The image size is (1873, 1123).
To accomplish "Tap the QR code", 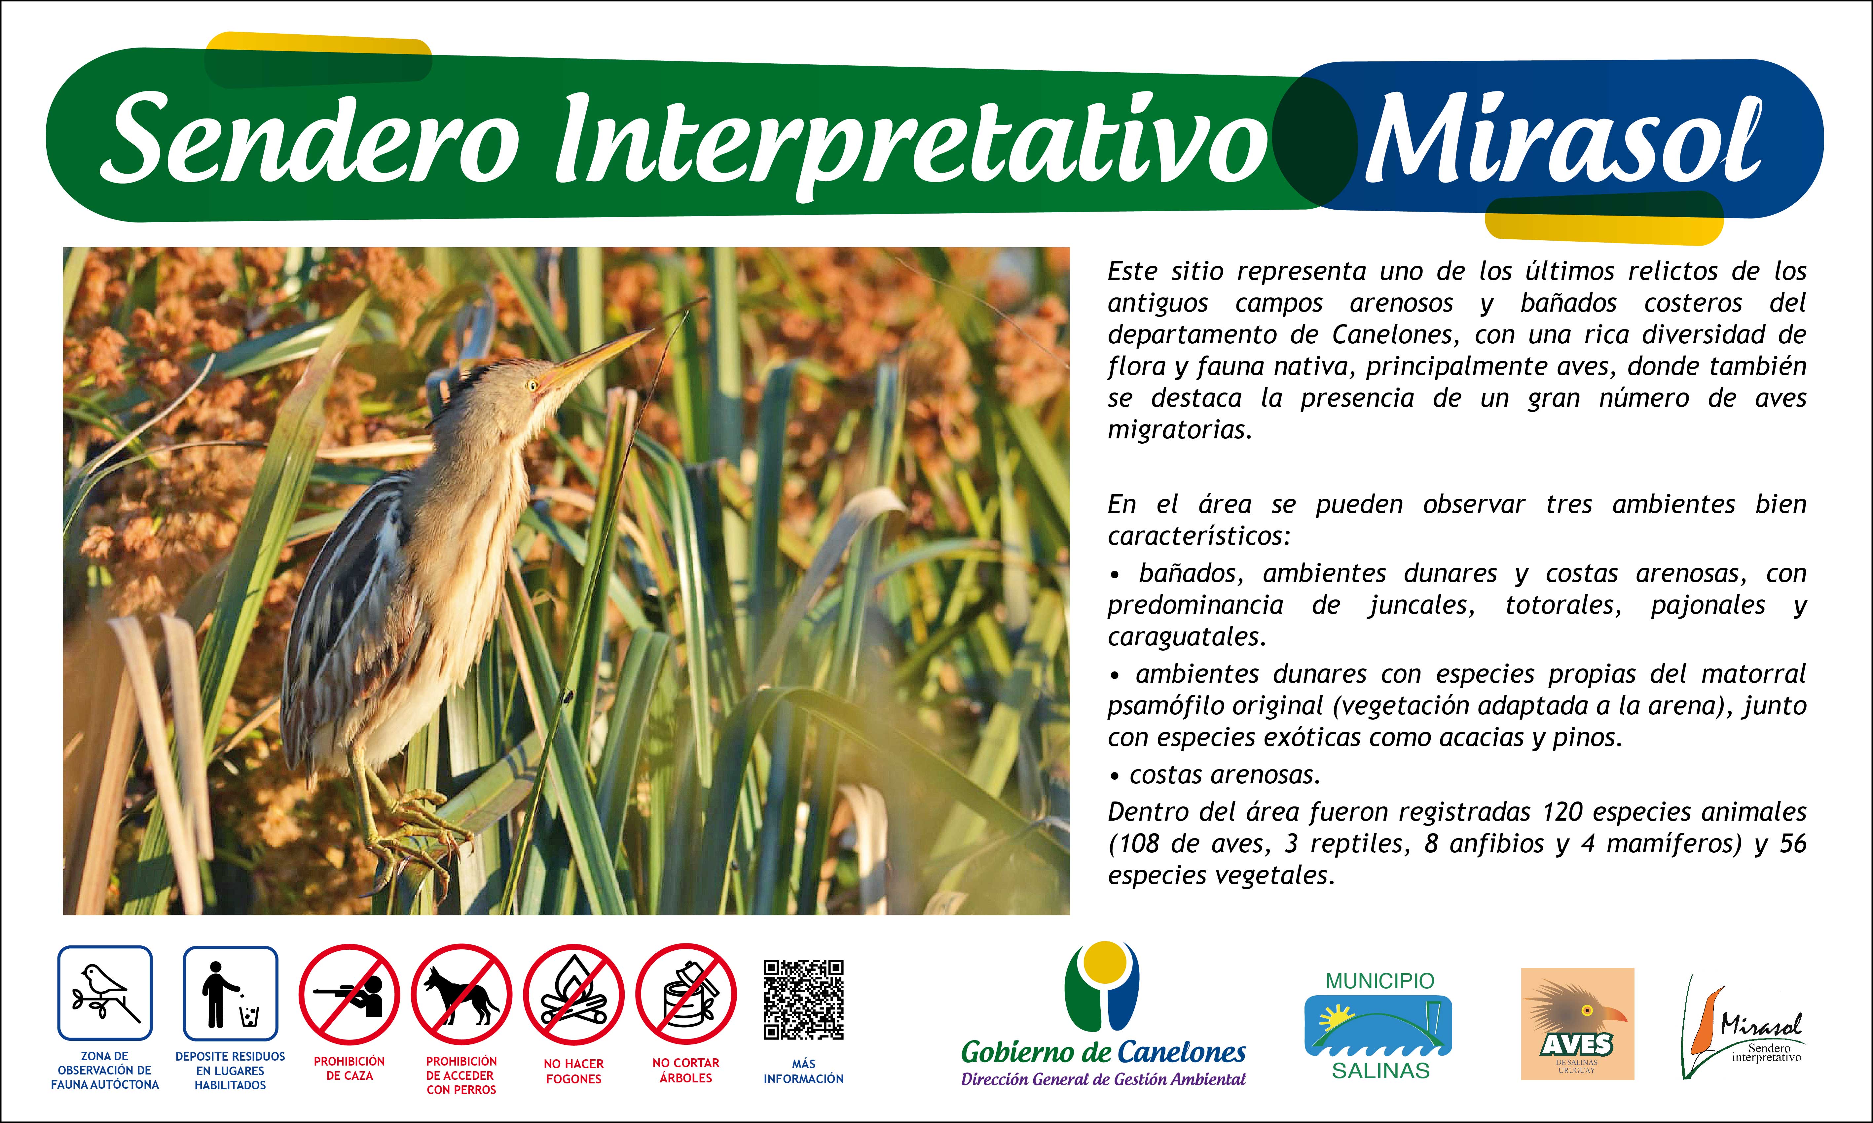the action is pos(803,1000).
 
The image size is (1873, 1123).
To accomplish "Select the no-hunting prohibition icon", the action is pos(349,994).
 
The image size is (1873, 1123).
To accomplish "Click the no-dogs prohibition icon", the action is pos(461,994).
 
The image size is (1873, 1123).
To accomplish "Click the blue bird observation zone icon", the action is pos(105,993).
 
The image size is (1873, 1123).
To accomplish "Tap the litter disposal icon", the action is pos(230,993).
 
